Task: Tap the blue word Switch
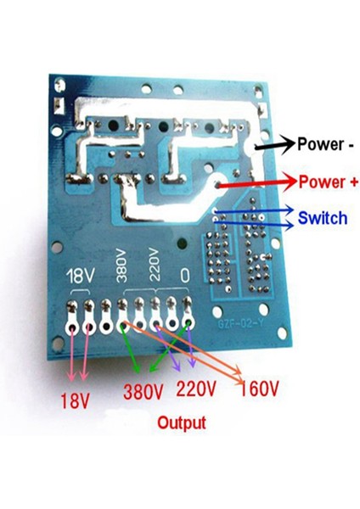coord(322,218)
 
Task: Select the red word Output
coord(181,422)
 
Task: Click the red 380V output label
coord(143,392)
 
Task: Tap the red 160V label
coord(260,389)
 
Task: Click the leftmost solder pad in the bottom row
coord(72,325)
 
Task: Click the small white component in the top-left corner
coord(54,105)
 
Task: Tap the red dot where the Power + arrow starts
coord(218,185)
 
